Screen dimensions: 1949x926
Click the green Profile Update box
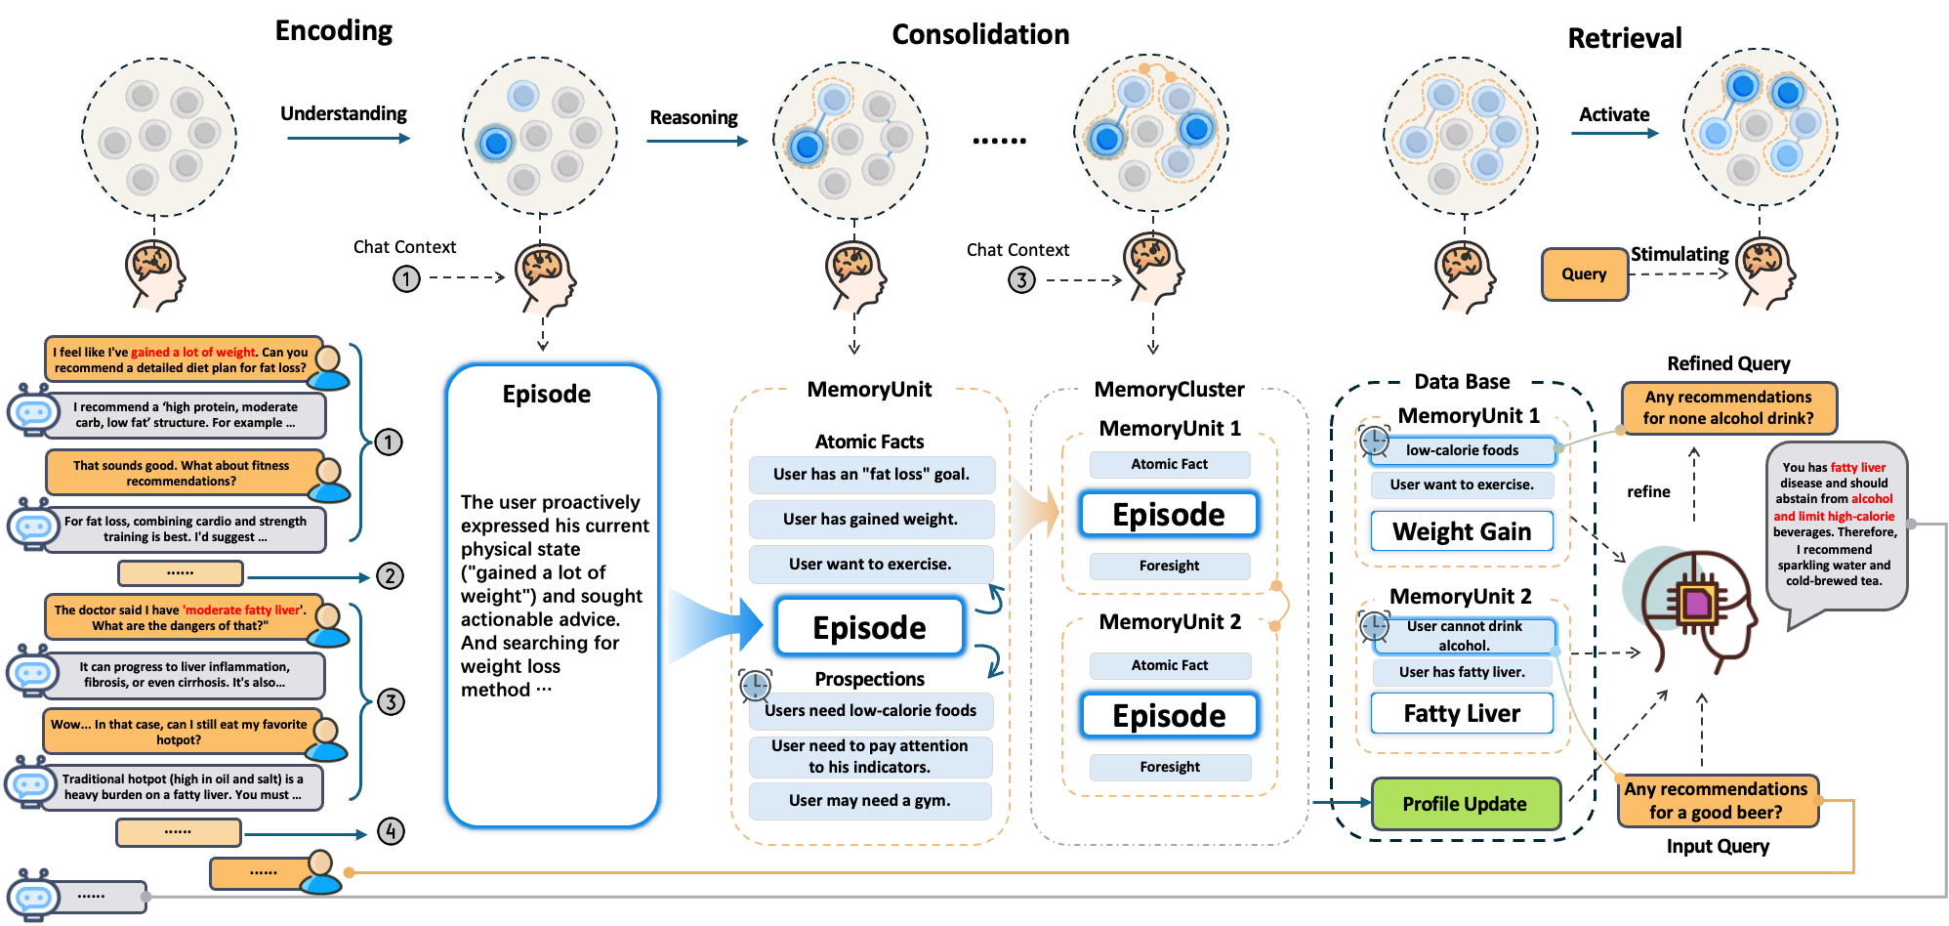pyautogui.click(x=1465, y=804)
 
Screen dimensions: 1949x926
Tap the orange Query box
pyautogui.click(x=1584, y=274)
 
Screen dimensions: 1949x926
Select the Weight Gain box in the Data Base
pyautogui.click(x=1462, y=531)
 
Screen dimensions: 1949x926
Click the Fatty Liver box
pyautogui.click(x=1462, y=714)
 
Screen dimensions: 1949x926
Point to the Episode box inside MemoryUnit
pyautogui.click(x=869, y=627)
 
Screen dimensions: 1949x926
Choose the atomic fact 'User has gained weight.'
pyautogui.click(x=870, y=520)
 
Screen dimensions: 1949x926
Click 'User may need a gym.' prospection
pyautogui.click(x=869, y=801)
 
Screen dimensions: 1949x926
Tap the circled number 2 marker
pyautogui.click(x=390, y=575)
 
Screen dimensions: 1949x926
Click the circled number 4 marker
pyautogui.click(x=391, y=831)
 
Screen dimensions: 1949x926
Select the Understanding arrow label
pyautogui.click(x=344, y=113)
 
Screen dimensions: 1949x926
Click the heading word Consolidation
pyautogui.click(x=980, y=35)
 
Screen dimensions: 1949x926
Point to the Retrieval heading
pyautogui.click(x=1624, y=38)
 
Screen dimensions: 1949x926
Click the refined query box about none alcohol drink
pyautogui.click(x=1727, y=408)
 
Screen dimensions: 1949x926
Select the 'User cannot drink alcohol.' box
pyautogui.click(x=1464, y=636)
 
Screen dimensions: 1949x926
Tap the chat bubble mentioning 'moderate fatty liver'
pyautogui.click(x=181, y=617)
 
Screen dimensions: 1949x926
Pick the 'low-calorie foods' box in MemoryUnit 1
pyautogui.click(x=1462, y=450)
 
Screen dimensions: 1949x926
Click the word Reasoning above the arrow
pyautogui.click(x=693, y=117)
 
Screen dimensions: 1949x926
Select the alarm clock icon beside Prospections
pyautogui.click(x=755, y=686)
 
